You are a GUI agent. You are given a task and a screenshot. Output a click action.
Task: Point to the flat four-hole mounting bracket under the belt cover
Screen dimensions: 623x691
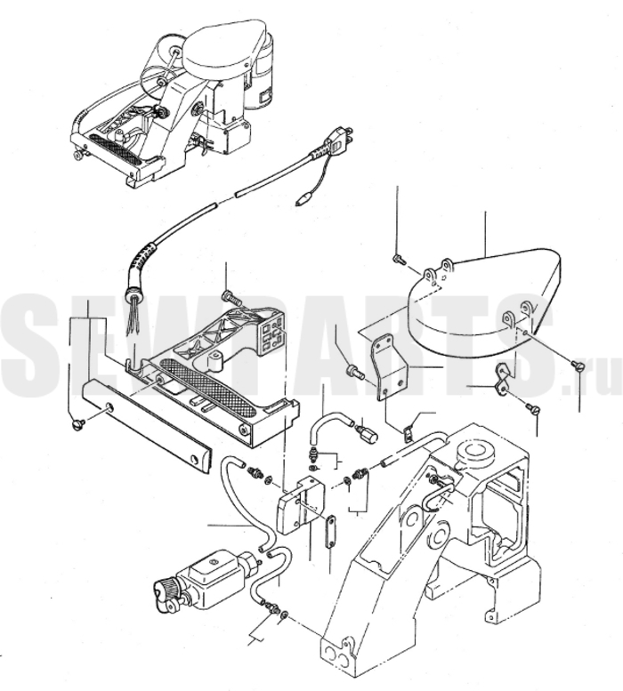pyautogui.click(x=390, y=366)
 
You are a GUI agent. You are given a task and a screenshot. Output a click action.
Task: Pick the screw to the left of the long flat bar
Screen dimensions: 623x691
pyautogui.click(x=77, y=425)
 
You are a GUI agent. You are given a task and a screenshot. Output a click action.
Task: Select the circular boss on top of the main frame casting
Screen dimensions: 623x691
pyautogui.click(x=473, y=453)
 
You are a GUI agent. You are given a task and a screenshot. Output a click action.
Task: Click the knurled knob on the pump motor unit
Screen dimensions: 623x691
pyautogui.click(x=164, y=591)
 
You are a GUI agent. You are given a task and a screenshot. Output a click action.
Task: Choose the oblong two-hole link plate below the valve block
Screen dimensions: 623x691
pyautogui.click(x=330, y=532)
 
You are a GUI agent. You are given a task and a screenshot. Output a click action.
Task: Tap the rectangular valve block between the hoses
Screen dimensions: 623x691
pyautogui.click(x=300, y=504)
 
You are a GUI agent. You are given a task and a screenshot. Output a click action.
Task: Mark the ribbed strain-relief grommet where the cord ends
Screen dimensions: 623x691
pyautogui.click(x=133, y=290)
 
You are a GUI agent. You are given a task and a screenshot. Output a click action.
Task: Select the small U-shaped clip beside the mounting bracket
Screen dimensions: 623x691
pyautogui.click(x=409, y=431)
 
